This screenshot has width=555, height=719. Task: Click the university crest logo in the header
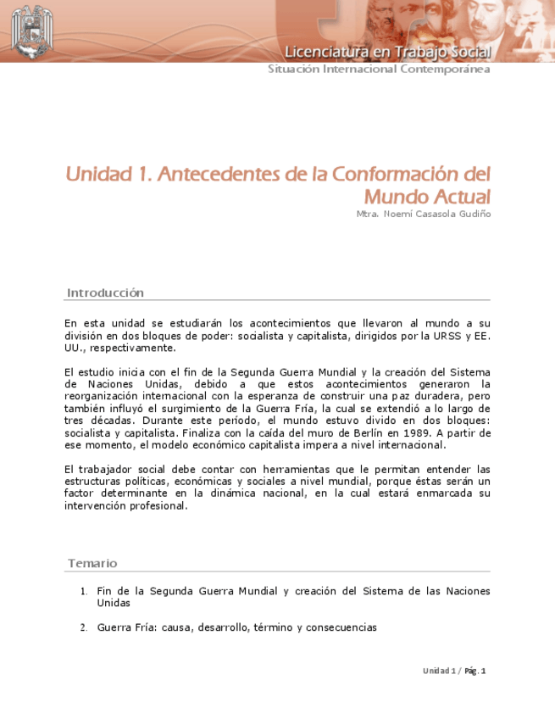pos(32,31)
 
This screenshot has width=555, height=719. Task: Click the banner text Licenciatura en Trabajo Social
pos(387,52)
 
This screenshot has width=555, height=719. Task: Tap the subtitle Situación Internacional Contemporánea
pos(379,70)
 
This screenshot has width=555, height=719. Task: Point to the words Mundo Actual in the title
pos(427,197)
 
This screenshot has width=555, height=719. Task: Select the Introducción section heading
pos(105,293)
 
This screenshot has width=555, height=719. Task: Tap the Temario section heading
pos(92,563)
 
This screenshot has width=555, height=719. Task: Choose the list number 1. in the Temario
pos(84,592)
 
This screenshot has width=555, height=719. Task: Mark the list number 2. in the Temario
pos(84,628)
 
